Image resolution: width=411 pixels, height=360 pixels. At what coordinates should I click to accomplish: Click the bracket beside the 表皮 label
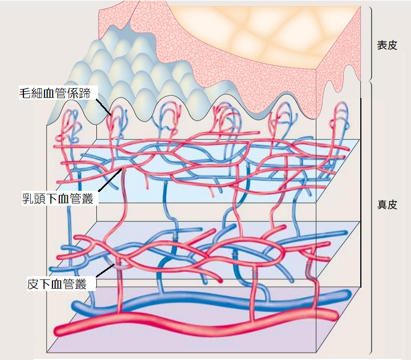(x=369, y=43)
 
